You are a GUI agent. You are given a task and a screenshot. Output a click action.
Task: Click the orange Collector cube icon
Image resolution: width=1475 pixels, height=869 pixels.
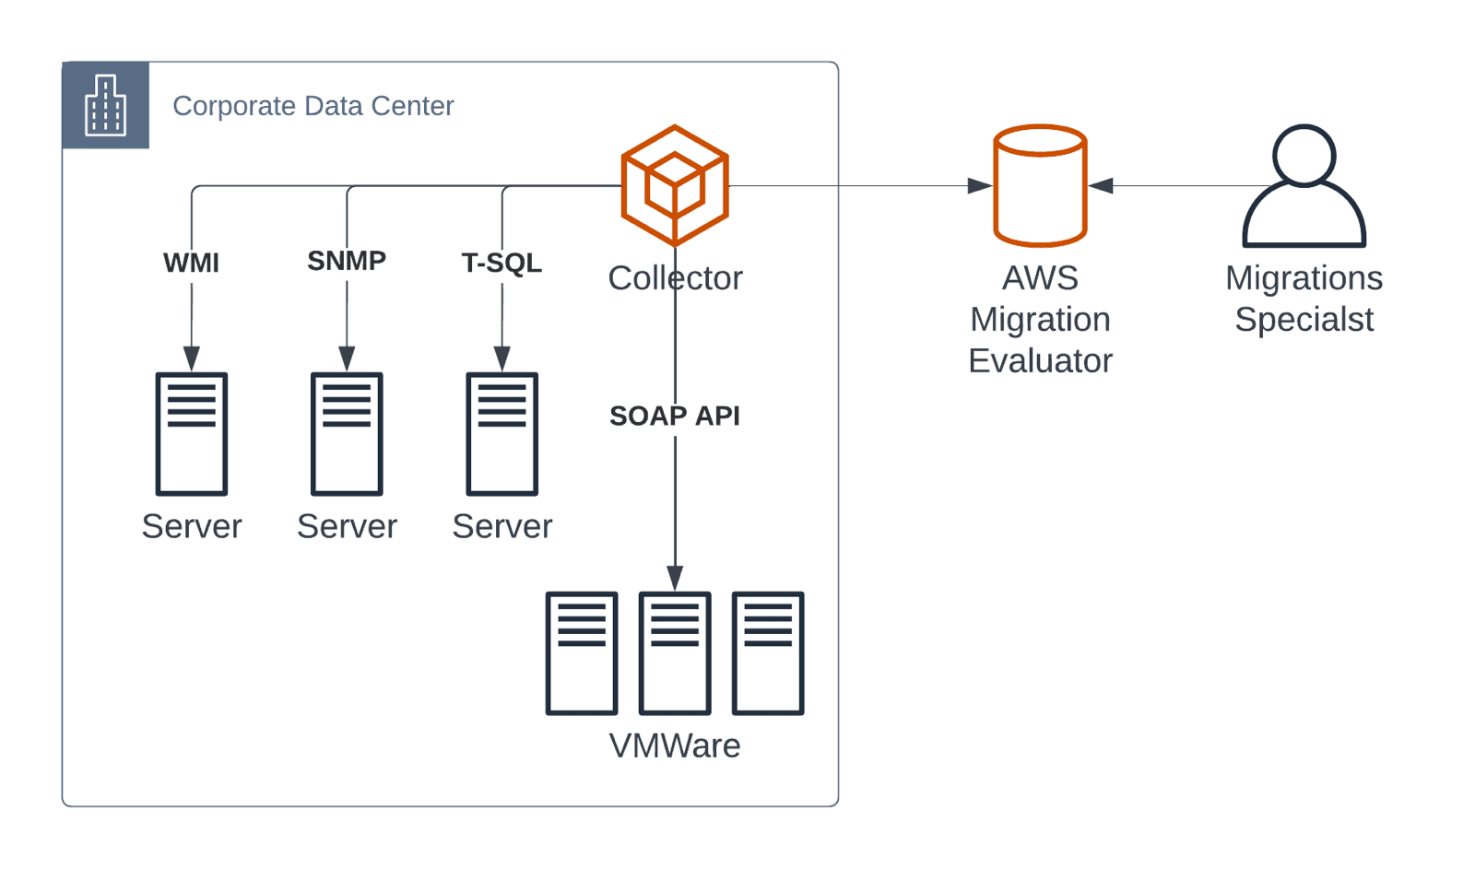tap(675, 185)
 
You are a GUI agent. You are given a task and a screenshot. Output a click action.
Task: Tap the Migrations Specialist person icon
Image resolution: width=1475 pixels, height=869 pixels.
tap(1304, 186)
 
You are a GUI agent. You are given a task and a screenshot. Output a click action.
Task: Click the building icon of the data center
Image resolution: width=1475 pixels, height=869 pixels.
tap(105, 105)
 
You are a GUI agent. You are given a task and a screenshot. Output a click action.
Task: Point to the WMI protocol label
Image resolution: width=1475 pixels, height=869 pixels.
tap(191, 263)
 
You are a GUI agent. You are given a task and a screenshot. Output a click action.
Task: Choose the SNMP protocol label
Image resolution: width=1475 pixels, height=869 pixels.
tap(347, 261)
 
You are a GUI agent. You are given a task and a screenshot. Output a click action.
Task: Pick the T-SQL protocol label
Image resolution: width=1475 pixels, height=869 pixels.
tap(501, 263)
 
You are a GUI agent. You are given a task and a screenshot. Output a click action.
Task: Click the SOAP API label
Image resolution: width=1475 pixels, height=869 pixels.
tap(675, 416)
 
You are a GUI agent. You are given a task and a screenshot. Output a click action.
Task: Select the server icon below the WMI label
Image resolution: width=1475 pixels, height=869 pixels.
tap(192, 433)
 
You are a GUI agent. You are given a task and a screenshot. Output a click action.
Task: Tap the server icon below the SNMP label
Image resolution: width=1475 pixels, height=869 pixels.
tap(347, 433)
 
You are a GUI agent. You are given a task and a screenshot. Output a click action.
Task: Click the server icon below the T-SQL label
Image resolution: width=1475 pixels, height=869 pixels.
tap(501, 433)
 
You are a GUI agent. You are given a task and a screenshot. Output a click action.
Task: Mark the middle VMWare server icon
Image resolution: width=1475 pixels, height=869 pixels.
tap(675, 652)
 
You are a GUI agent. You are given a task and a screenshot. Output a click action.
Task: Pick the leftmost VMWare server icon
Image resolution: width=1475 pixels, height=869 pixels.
tap(582, 652)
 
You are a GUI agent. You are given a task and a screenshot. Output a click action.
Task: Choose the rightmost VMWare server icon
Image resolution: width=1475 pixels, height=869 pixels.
tap(768, 652)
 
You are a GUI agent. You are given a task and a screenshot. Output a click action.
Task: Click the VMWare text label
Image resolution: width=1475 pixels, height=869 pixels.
tap(675, 746)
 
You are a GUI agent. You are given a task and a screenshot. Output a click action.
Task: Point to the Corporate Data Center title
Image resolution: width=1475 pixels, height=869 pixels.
tap(313, 106)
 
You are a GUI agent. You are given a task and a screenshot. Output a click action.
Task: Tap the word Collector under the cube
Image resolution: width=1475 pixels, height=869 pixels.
tap(675, 278)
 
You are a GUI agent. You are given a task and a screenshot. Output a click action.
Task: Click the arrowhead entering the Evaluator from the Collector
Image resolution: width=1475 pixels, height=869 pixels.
tap(980, 186)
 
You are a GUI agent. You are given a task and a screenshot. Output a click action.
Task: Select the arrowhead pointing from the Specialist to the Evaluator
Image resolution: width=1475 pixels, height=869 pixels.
tap(1101, 186)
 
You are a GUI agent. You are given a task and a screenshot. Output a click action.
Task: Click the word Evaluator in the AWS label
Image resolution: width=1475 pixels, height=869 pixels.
tap(1040, 360)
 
